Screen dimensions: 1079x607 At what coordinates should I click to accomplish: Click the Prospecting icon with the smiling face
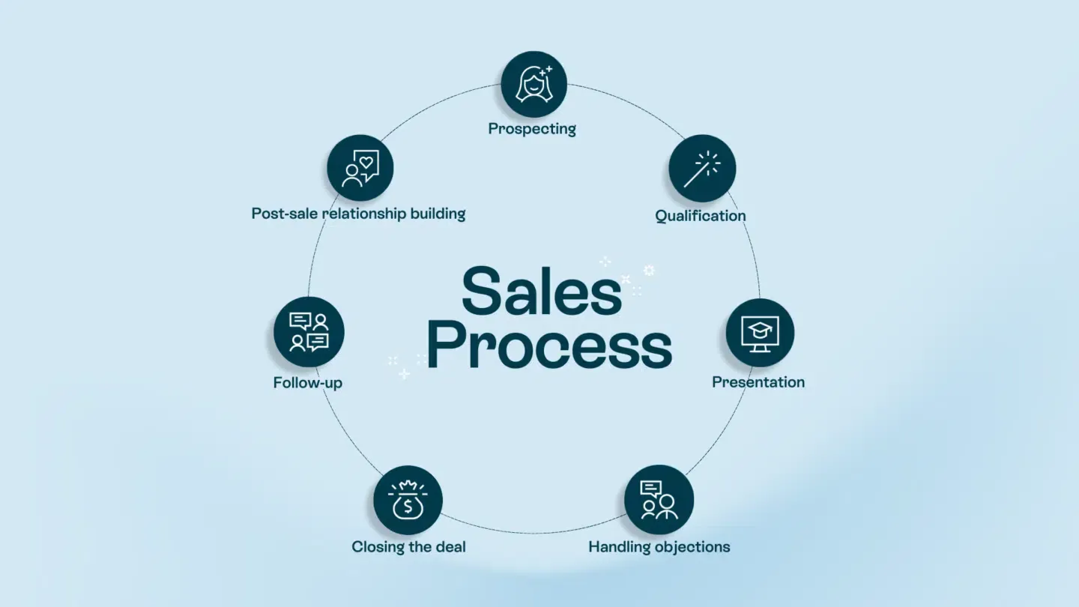[534, 83]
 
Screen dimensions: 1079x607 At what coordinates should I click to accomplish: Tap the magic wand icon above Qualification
[702, 168]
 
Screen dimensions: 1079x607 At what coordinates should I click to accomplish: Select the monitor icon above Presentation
[760, 332]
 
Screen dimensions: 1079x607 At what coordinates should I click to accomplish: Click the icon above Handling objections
[659, 499]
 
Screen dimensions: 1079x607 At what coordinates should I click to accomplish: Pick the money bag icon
[408, 500]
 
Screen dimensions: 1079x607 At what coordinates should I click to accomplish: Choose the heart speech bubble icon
[360, 168]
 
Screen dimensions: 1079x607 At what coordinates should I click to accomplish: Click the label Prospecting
[532, 129]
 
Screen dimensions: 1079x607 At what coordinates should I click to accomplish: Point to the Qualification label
[701, 216]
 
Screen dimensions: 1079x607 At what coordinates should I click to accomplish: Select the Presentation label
[758, 382]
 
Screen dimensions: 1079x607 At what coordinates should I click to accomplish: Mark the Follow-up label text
[308, 383]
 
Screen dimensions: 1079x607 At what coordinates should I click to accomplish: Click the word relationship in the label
[364, 214]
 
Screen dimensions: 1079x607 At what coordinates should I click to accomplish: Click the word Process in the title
[549, 347]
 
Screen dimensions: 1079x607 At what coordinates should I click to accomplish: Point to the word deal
[450, 547]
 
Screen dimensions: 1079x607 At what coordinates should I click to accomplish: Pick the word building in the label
[438, 214]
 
